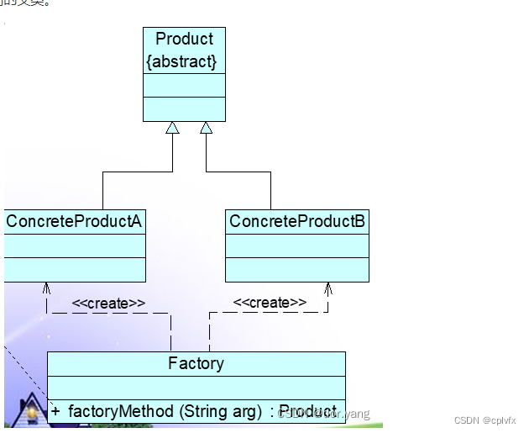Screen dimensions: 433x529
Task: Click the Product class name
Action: (184, 39)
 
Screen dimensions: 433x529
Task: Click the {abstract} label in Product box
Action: (181, 61)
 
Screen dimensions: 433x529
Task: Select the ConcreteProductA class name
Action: (74, 221)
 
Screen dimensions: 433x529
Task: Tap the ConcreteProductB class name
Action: (297, 221)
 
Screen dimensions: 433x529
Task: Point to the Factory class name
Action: (196, 363)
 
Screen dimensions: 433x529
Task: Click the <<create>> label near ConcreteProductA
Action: (108, 303)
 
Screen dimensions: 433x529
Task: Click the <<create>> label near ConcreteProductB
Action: (269, 303)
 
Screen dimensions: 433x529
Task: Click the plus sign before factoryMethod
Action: (55, 411)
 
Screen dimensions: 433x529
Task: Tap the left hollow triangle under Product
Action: (172, 128)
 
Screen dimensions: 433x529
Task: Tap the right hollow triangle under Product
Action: (206, 128)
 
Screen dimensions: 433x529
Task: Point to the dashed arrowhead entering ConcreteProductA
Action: (47, 287)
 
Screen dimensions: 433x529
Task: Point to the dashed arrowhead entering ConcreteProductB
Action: (327, 287)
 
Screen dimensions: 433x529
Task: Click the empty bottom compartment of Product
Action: (184, 108)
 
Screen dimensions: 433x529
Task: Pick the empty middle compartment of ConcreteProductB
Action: (297, 246)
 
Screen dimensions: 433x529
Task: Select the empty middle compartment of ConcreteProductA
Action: (74, 246)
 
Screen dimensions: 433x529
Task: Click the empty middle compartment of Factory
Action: (196, 387)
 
